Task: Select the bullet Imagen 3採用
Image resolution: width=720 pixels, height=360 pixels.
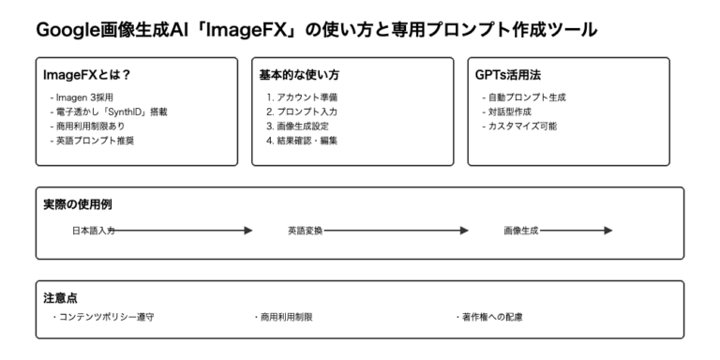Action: pyautogui.click(x=82, y=97)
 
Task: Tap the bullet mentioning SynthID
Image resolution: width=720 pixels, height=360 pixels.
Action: pyautogui.click(x=108, y=112)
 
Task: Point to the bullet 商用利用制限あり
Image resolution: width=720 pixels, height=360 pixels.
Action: pyautogui.click(x=91, y=126)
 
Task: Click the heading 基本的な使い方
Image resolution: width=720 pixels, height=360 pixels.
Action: pyautogui.click(x=298, y=75)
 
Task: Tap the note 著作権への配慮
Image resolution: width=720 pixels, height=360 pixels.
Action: pyautogui.click(x=488, y=317)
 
